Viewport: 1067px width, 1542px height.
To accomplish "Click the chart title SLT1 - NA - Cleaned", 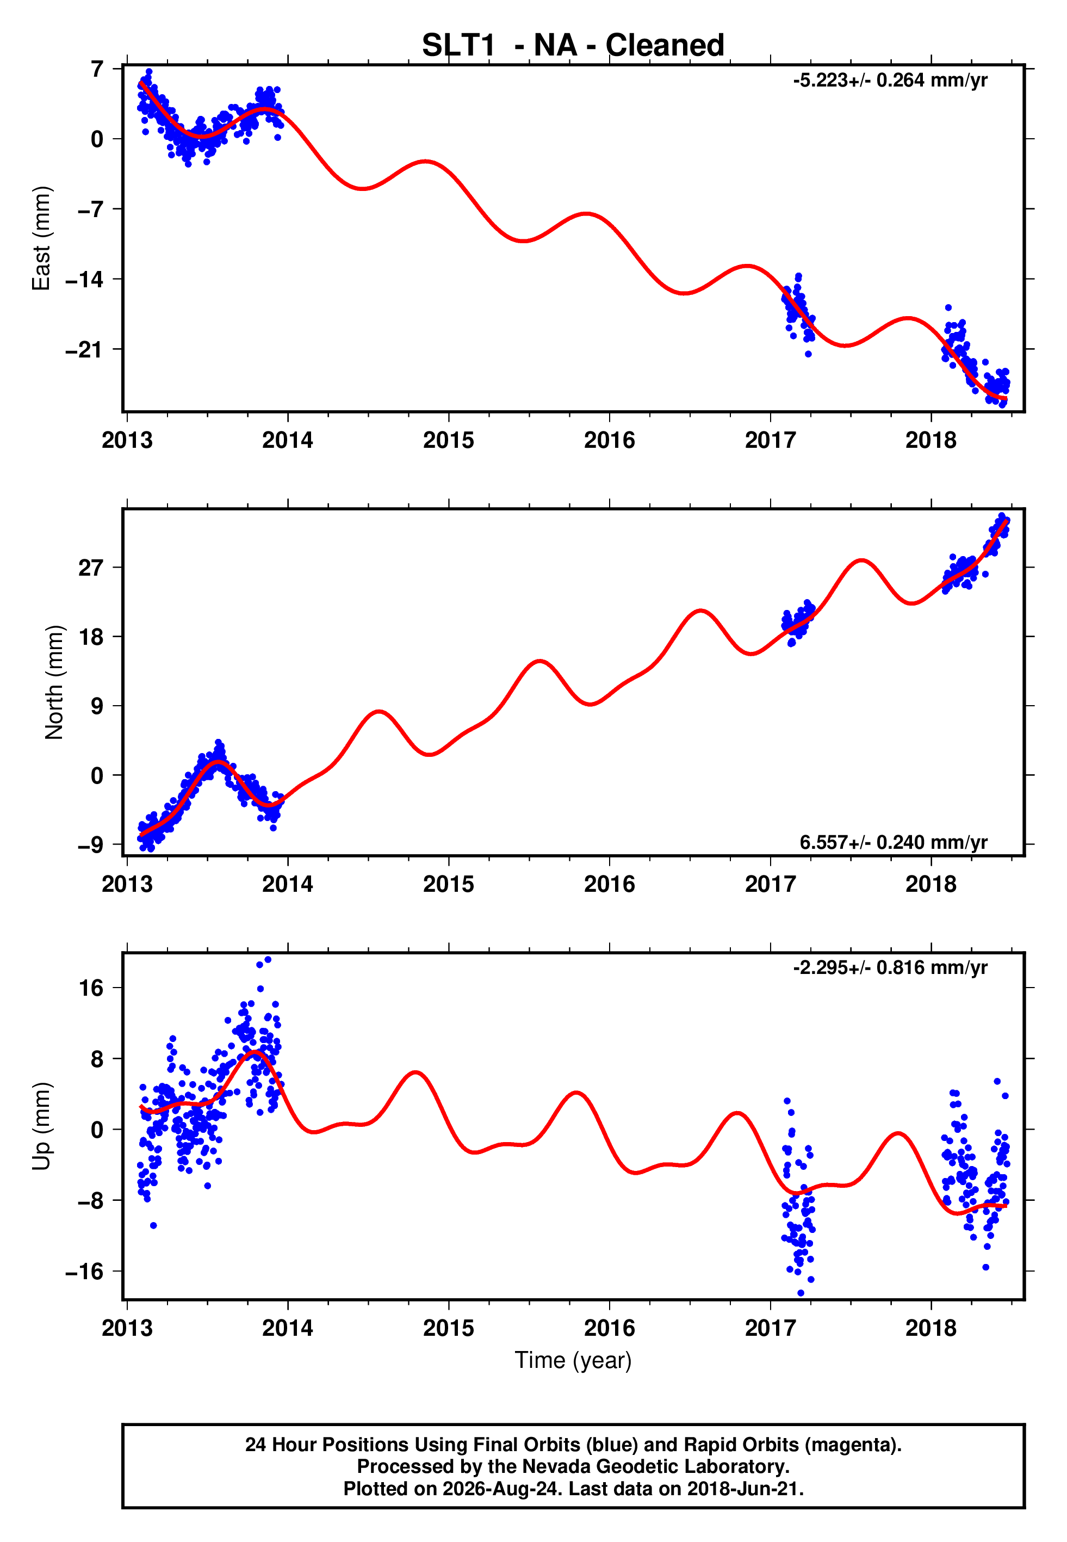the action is click(573, 46).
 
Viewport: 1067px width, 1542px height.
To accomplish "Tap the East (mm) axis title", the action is click(41, 238).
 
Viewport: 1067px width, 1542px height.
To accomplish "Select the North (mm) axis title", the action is click(54, 682).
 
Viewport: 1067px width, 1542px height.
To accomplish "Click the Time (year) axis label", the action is click(573, 1360).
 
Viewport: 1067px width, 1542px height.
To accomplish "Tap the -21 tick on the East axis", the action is click(85, 350).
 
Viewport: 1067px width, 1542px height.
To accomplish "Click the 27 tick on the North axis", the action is click(91, 568).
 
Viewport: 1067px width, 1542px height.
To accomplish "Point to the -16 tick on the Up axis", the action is click(85, 1271).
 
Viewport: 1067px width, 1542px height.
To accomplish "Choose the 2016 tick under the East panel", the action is click(609, 440).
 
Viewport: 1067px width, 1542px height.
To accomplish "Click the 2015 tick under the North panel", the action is click(449, 884).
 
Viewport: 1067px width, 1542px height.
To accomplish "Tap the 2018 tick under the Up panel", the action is click(930, 1328).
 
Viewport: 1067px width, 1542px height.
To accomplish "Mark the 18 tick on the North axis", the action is click(91, 637).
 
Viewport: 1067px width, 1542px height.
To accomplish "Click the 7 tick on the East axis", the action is click(97, 69).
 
